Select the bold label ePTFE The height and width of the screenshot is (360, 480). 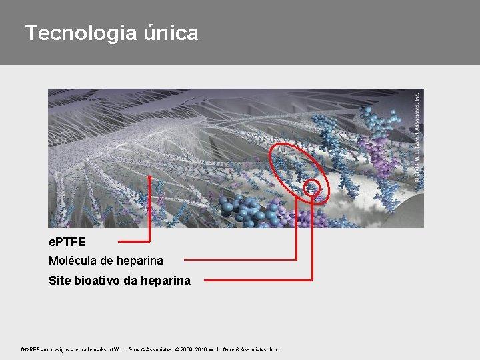[67, 241]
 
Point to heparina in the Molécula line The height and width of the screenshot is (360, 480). [141, 261]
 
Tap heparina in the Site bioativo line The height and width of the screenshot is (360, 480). [167, 281]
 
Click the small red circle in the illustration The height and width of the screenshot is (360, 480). [312, 188]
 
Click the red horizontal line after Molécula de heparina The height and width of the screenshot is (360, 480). [240, 259]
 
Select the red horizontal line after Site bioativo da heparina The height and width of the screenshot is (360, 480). [257, 280]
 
